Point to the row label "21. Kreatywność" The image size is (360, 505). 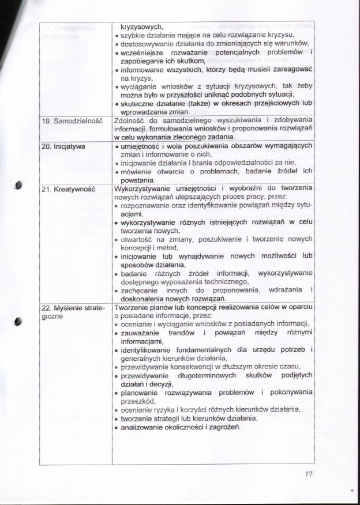[x=70, y=189]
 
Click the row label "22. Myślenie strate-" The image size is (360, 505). [x=73, y=307]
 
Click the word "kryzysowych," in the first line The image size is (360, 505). [x=138, y=26]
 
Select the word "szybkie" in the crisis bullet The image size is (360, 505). [x=133, y=35]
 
